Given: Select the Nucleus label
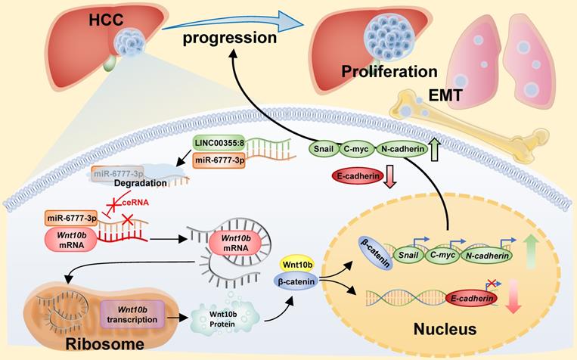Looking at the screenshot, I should [439, 329].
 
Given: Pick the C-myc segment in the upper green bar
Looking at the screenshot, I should [358, 150].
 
